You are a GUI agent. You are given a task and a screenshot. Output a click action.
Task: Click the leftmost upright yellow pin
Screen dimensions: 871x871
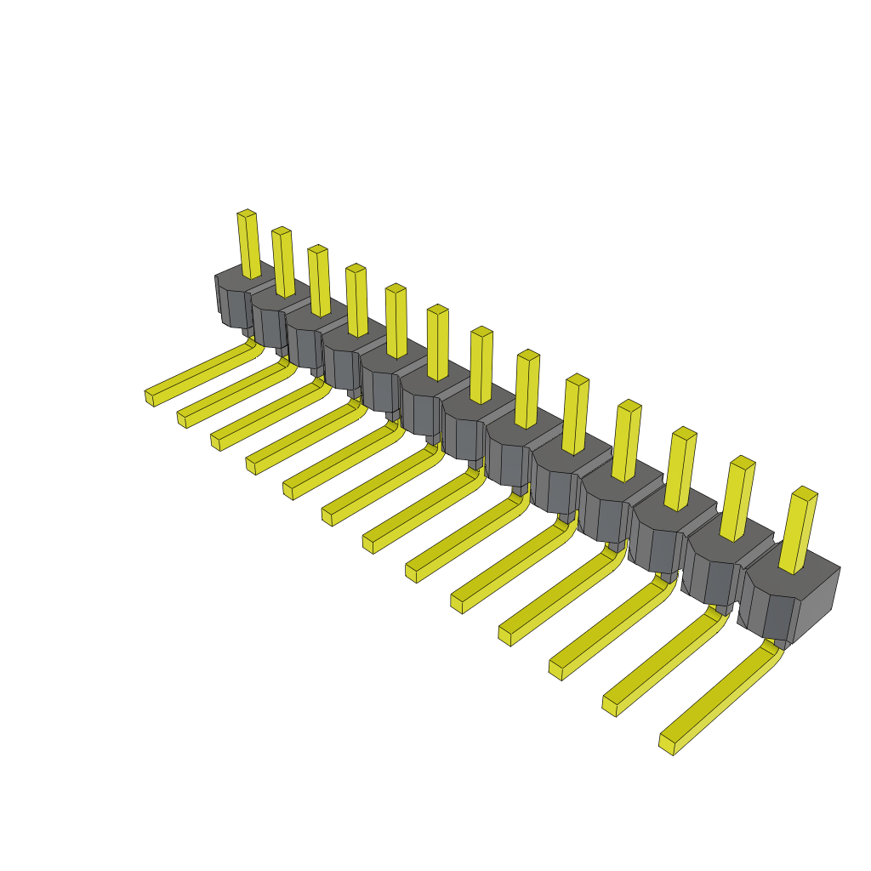pos(248,245)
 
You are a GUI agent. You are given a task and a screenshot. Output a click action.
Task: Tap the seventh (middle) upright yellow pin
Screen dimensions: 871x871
pos(481,366)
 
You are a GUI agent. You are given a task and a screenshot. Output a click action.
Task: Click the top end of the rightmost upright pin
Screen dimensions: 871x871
pos(805,492)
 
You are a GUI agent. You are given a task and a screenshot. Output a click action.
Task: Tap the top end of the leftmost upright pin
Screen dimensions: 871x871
pos(246,213)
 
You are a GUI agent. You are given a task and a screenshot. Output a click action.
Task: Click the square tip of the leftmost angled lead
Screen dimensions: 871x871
pos(150,397)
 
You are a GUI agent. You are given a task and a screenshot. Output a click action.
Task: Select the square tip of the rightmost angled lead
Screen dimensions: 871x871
pos(667,744)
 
